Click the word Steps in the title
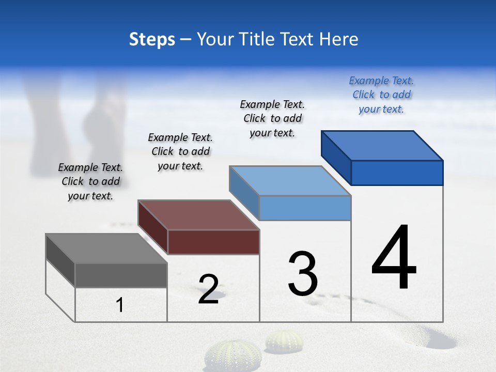click(152, 39)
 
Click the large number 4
click(394, 258)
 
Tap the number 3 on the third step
click(303, 274)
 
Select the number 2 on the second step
click(208, 289)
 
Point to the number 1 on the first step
click(120, 305)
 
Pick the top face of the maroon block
click(198, 215)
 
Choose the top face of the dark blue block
click(382, 146)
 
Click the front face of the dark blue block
click(397, 173)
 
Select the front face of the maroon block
click(213, 242)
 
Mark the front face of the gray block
click(121, 275)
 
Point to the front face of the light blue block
click(305, 208)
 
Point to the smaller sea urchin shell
click(284, 342)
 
